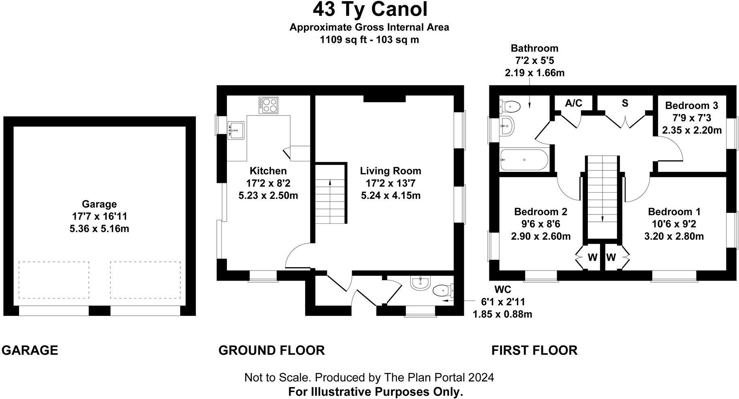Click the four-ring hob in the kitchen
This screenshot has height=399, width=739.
(x=269, y=105)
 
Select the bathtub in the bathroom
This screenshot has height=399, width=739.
(x=523, y=160)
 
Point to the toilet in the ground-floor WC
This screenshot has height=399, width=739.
(x=442, y=290)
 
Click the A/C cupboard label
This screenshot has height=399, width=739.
(x=573, y=103)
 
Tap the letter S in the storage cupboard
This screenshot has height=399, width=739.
(x=625, y=103)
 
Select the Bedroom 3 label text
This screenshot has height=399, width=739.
(x=691, y=105)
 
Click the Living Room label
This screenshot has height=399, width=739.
(x=391, y=171)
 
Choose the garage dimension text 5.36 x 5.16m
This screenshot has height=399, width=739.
(x=99, y=229)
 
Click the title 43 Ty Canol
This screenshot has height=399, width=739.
(x=369, y=10)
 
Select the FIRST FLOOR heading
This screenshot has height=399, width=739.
(x=534, y=350)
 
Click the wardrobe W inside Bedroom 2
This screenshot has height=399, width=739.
(x=592, y=257)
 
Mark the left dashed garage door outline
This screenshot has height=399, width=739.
(x=54, y=280)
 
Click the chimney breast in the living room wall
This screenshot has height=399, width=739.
(x=384, y=98)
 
